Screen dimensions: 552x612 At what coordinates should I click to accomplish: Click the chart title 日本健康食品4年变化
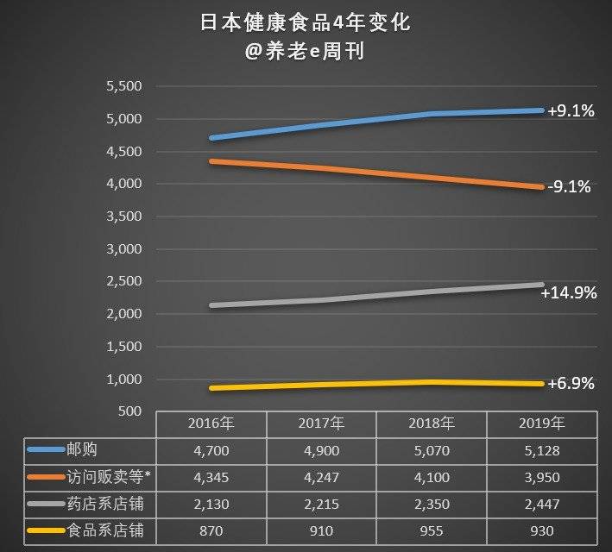tap(305, 22)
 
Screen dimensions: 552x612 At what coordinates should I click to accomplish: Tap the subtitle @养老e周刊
tap(305, 52)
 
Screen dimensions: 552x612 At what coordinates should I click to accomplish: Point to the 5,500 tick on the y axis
tap(123, 87)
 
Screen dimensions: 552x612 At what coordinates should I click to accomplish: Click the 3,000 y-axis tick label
tap(123, 249)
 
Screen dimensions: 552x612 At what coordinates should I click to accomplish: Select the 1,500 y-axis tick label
tap(123, 347)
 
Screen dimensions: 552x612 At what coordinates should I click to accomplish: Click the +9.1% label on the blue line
tap(571, 111)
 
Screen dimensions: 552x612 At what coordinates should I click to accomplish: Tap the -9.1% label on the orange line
tap(571, 185)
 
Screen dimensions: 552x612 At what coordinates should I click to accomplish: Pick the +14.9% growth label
tap(568, 293)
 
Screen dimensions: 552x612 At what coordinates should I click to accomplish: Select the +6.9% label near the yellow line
tap(571, 384)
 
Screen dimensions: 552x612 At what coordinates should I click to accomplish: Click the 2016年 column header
tap(211, 423)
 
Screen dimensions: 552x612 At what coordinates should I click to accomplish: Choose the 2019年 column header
tap(541, 423)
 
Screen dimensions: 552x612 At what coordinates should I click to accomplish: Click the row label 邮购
tap(84, 449)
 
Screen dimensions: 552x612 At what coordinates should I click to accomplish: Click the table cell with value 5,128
tap(541, 449)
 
